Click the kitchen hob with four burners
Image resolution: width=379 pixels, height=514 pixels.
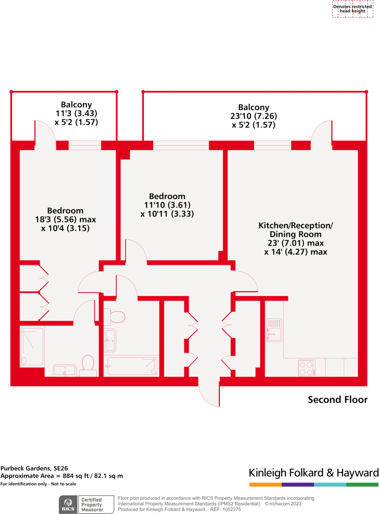pyautogui.click(x=307, y=368)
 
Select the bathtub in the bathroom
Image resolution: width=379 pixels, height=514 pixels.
pyautogui.click(x=132, y=366)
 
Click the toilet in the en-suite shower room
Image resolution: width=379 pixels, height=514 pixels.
pyautogui.click(x=88, y=365)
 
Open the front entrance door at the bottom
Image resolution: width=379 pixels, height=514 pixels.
pyautogui.click(x=209, y=393)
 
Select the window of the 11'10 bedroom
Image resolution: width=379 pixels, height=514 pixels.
pyautogui.click(x=180, y=145)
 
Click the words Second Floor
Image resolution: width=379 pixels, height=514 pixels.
pyautogui.click(x=337, y=400)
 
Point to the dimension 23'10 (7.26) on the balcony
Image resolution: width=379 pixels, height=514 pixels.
pyautogui.click(x=253, y=116)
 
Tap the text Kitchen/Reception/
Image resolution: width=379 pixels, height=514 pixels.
pyautogui.click(x=296, y=226)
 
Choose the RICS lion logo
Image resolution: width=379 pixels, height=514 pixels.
pyautogui.click(x=69, y=503)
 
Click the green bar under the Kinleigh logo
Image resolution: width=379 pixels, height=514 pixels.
pyautogui.click(x=362, y=485)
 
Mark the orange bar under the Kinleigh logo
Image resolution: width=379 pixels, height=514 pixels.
pyautogui.click(x=265, y=485)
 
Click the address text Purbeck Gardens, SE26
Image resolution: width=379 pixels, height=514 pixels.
pyautogui.click(x=34, y=469)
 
